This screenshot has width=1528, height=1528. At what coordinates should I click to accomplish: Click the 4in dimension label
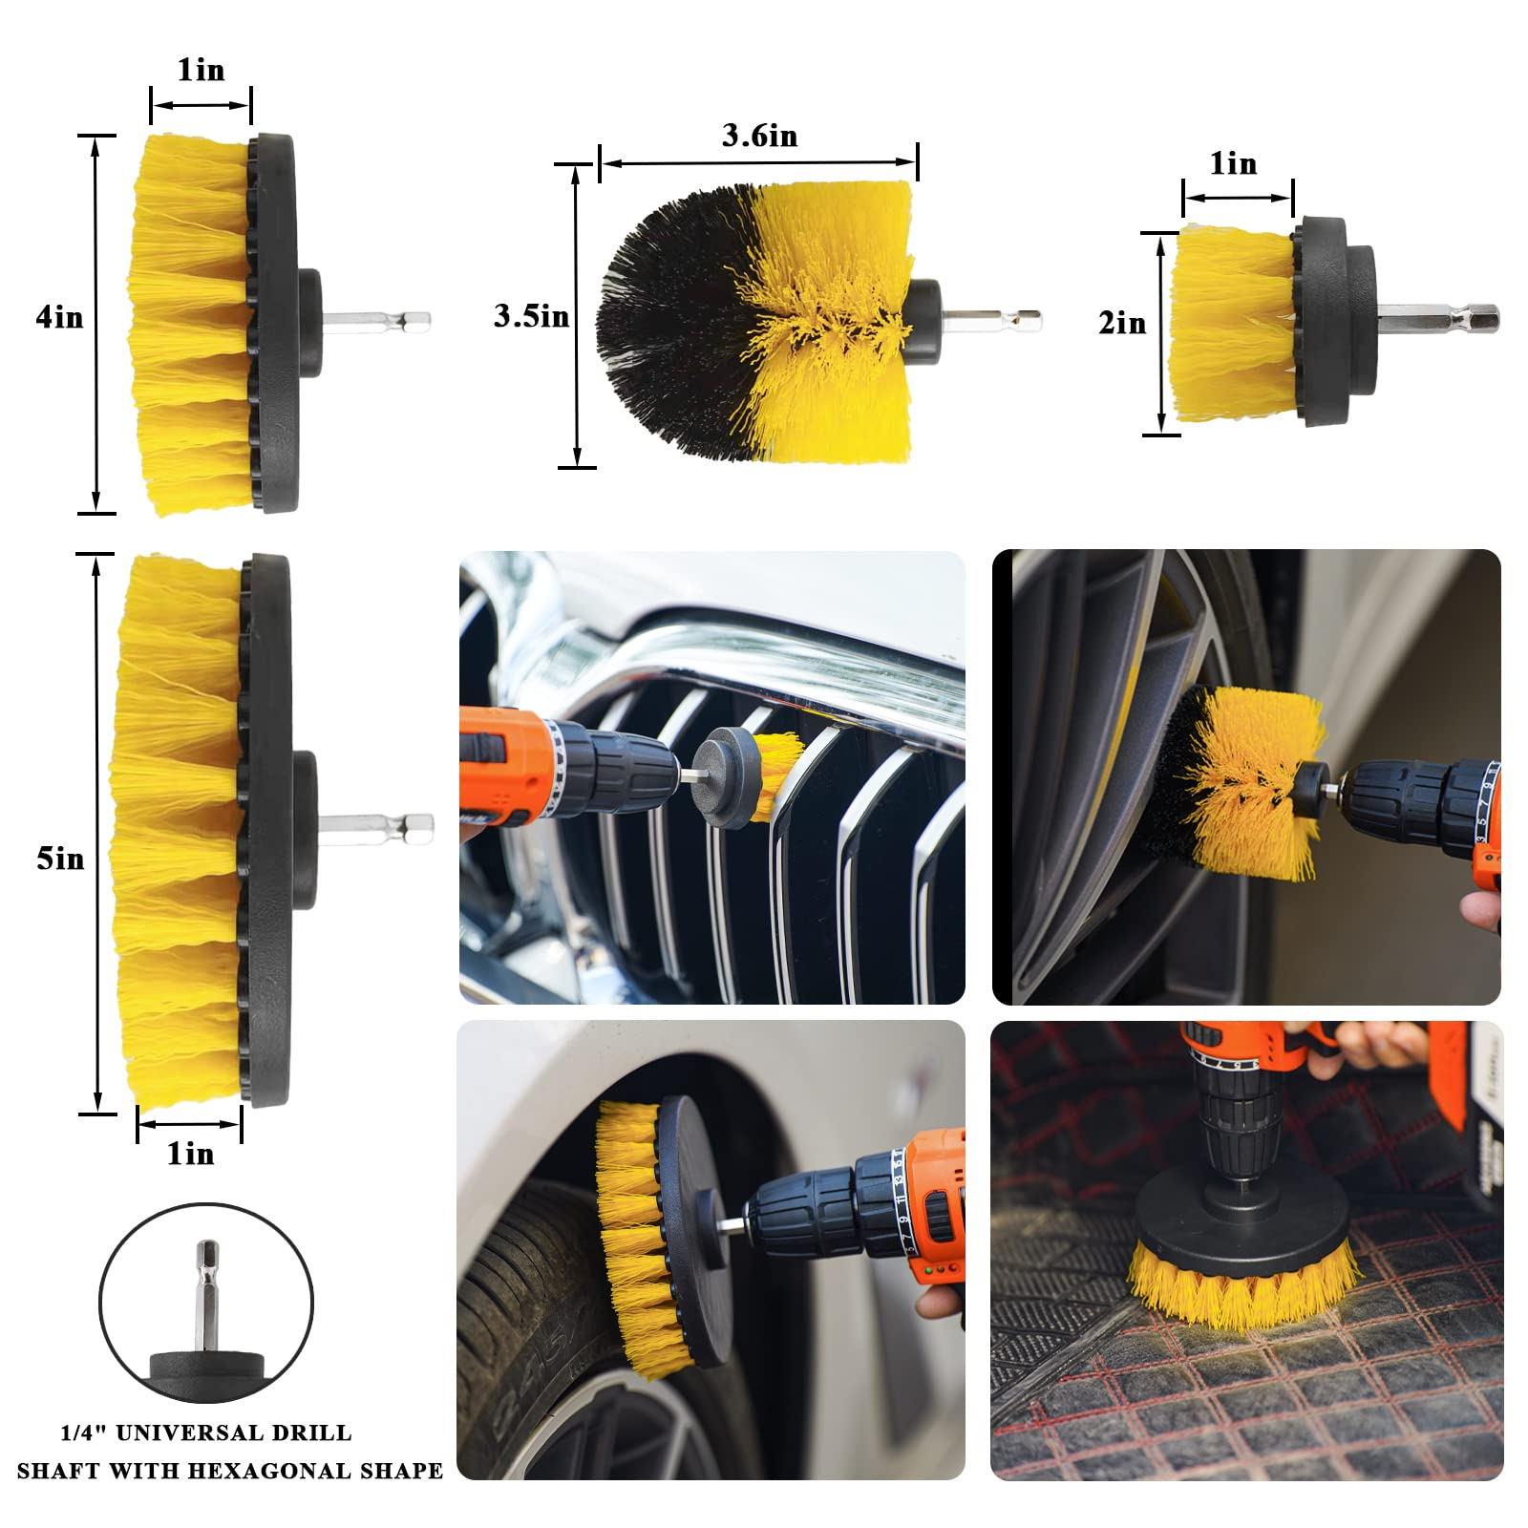pyautogui.click(x=59, y=317)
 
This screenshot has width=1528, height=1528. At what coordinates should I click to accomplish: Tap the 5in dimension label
pyautogui.click(x=60, y=859)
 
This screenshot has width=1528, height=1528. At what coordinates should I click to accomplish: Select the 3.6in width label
pyautogui.click(x=759, y=136)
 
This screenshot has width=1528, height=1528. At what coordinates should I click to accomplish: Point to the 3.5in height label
pyautogui.click(x=531, y=316)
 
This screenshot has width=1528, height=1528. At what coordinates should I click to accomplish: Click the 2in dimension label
pyautogui.click(x=1121, y=323)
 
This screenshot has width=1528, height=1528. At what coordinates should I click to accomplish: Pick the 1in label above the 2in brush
pyautogui.click(x=1233, y=163)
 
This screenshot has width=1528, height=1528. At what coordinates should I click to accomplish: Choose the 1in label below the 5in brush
pyautogui.click(x=190, y=1154)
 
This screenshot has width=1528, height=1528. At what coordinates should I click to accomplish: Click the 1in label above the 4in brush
pyautogui.click(x=201, y=70)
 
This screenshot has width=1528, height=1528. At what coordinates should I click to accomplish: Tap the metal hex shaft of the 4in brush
pyautogui.click(x=377, y=322)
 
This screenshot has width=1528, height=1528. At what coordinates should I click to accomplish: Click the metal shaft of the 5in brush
pyautogui.click(x=377, y=829)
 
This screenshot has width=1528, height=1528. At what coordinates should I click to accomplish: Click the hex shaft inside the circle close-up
pyautogui.click(x=206, y=1294)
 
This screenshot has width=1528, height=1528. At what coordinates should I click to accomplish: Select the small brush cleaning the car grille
pyautogui.click(x=774, y=774)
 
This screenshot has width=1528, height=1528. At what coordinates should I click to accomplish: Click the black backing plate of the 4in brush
pyautogui.click(x=278, y=325)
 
